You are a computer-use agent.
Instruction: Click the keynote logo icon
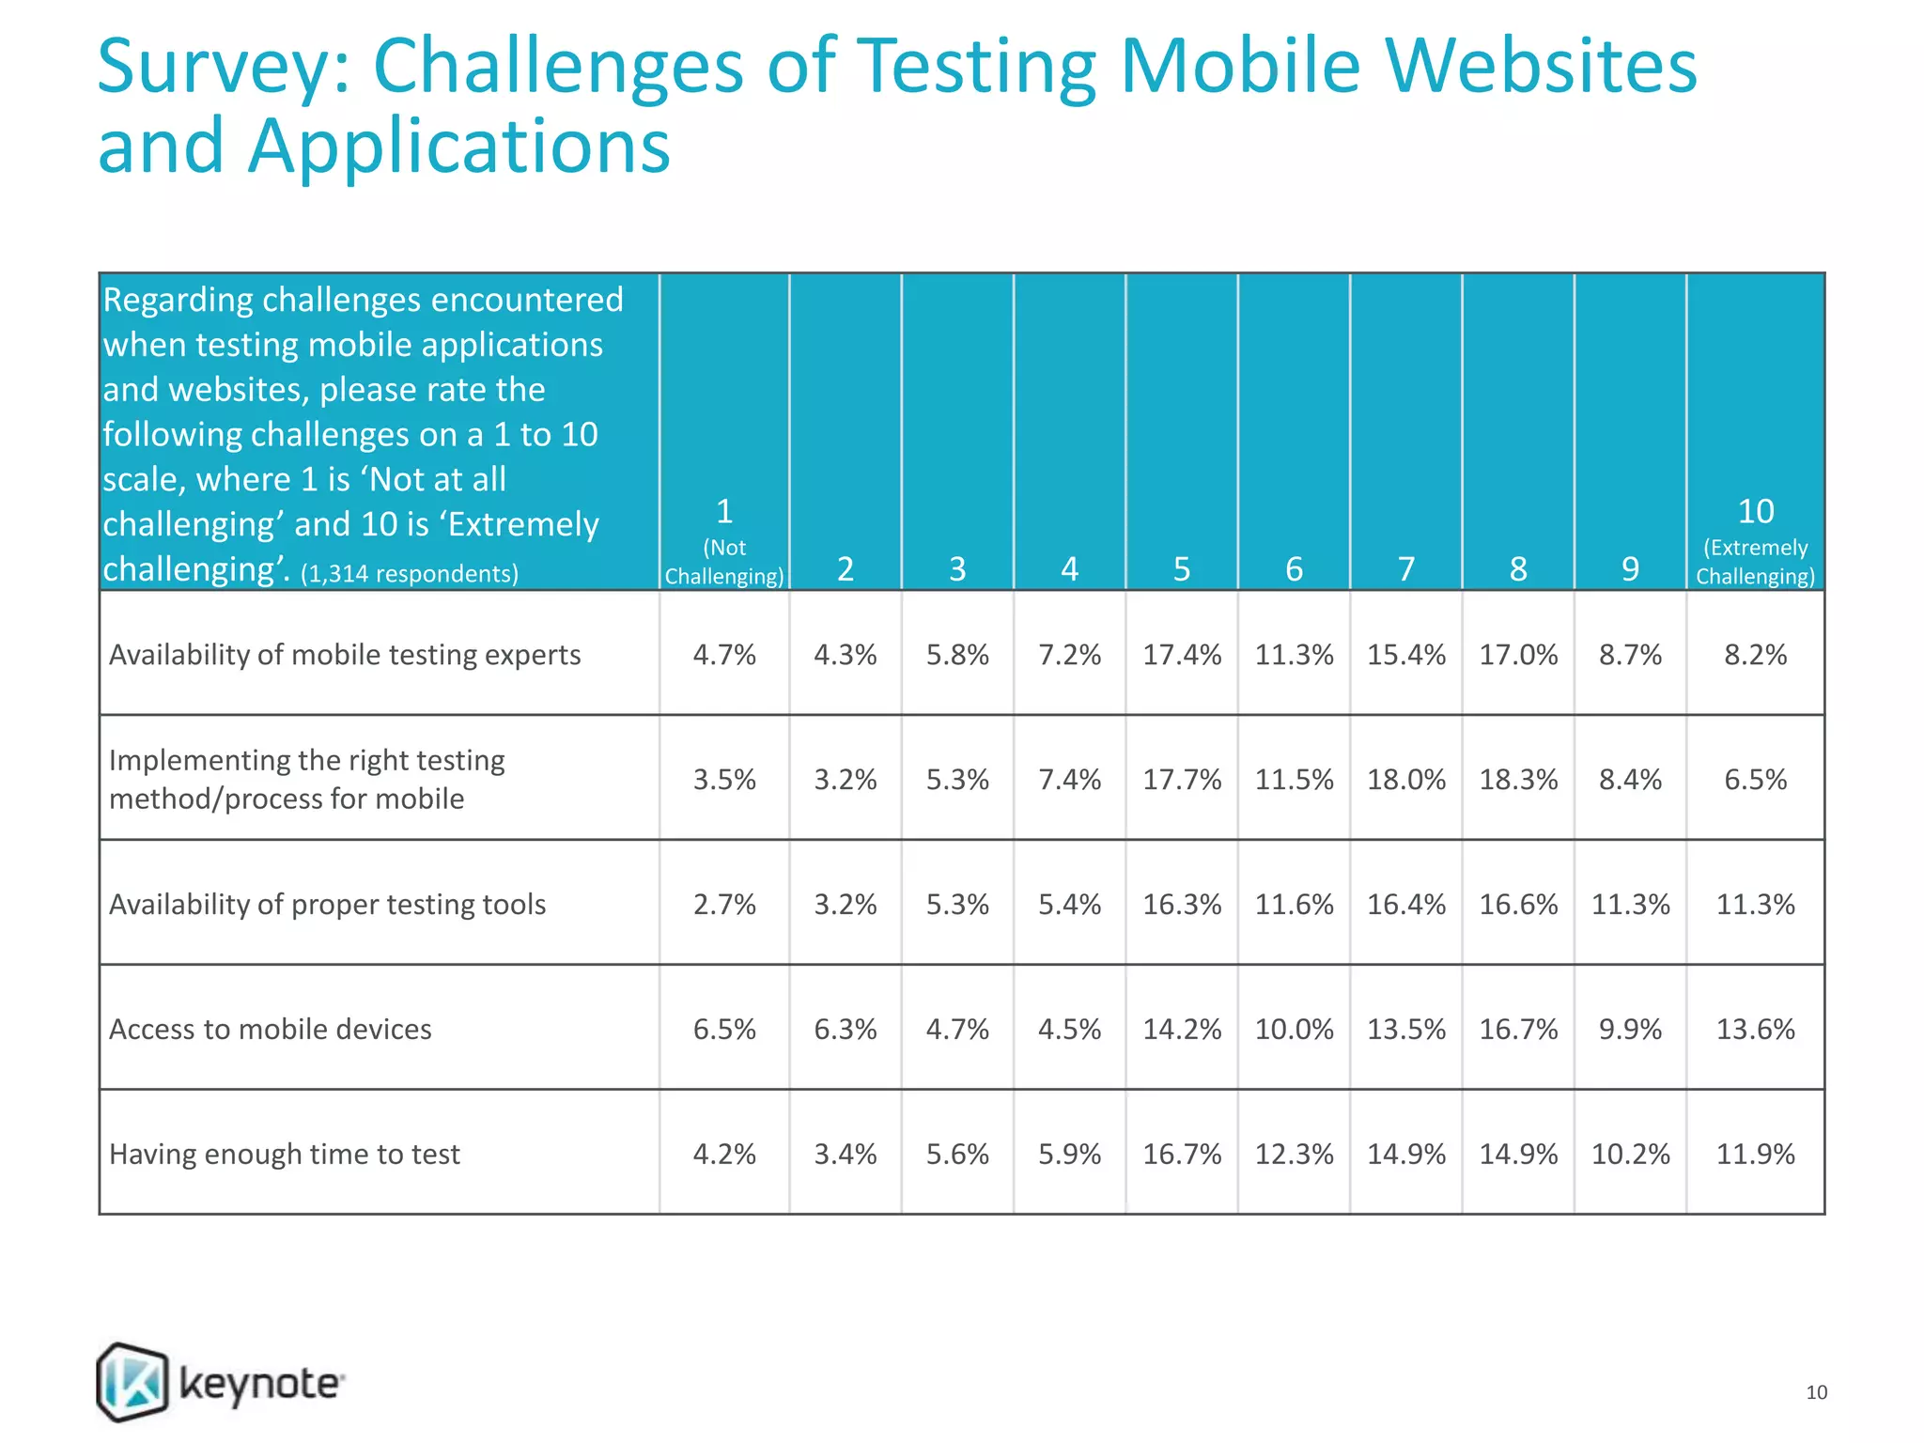(132, 1382)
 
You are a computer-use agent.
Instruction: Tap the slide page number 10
(1816, 1392)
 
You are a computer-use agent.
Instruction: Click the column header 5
(1182, 569)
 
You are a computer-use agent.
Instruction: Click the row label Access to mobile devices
(271, 1029)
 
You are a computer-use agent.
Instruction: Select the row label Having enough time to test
(285, 1154)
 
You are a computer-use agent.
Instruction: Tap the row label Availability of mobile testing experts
(345, 655)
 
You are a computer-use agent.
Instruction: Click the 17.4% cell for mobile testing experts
(1182, 655)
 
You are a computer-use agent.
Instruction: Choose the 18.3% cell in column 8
(1518, 780)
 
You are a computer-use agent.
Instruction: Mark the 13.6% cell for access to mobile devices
(1755, 1029)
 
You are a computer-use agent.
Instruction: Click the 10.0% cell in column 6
(1294, 1029)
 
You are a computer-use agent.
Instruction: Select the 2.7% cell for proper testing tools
(724, 904)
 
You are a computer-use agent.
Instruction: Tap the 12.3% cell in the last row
(1294, 1154)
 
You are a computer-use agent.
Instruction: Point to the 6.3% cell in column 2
(846, 1029)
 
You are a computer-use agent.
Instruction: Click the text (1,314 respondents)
(410, 574)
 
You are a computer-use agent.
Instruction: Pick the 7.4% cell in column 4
(1069, 780)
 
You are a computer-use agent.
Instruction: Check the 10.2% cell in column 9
(1630, 1154)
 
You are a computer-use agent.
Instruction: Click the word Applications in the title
(458, 147)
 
